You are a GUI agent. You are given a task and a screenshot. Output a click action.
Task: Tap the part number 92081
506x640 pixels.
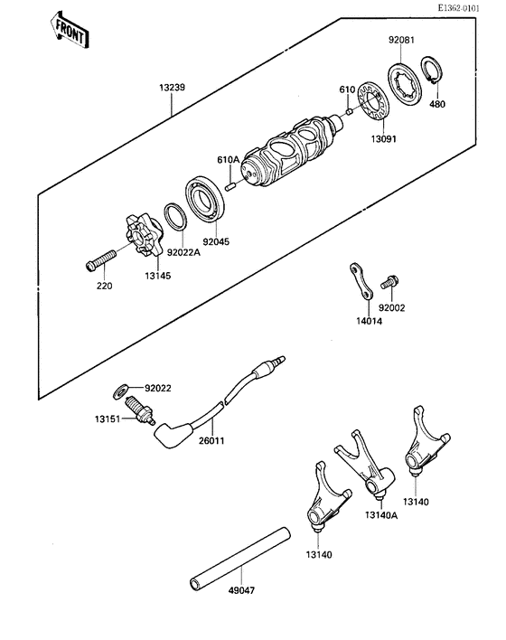coord(402,40)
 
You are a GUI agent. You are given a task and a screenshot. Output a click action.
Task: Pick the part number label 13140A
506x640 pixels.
coord(383,515)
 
